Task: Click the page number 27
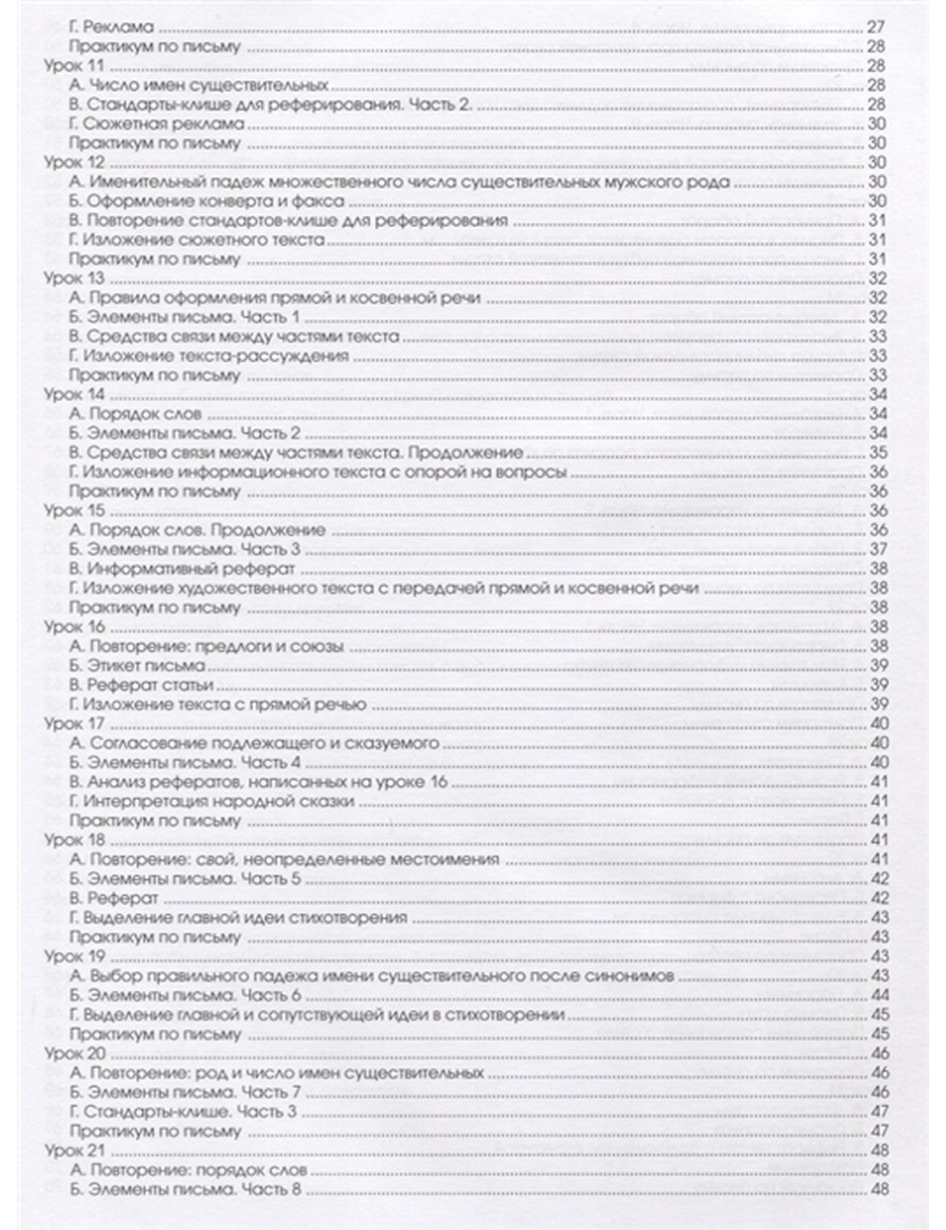[875, 27]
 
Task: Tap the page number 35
[875, 452]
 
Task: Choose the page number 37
[875, 550]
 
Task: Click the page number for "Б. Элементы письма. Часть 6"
[875, 995]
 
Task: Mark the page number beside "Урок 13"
[875, 279]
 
